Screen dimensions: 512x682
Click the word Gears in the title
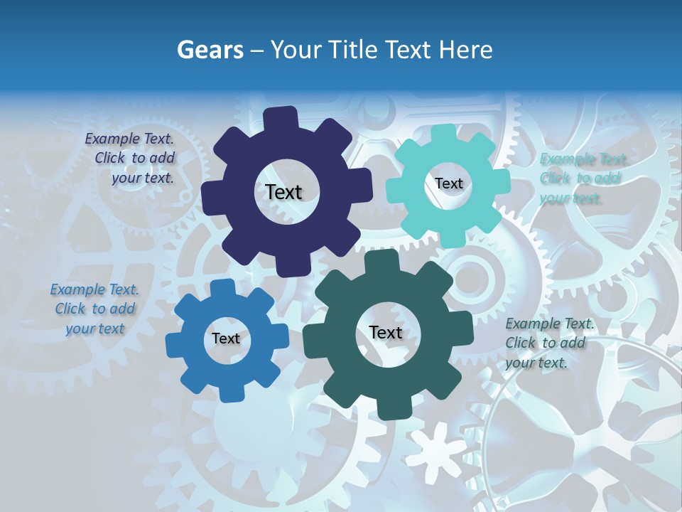[x=210, y=50]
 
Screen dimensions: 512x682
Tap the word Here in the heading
[x=466, y=50]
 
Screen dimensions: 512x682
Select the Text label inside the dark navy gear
[x=284, y=192]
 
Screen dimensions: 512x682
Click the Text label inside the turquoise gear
[x=449, y=183]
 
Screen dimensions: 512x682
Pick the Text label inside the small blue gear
[x=226, y=338]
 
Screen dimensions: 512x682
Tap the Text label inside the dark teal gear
[x=386, y=332]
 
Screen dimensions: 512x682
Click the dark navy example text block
[x=131, y=158]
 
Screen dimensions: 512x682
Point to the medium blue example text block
[x=94, y=309]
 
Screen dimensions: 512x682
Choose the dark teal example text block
[x=548, y=343]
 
